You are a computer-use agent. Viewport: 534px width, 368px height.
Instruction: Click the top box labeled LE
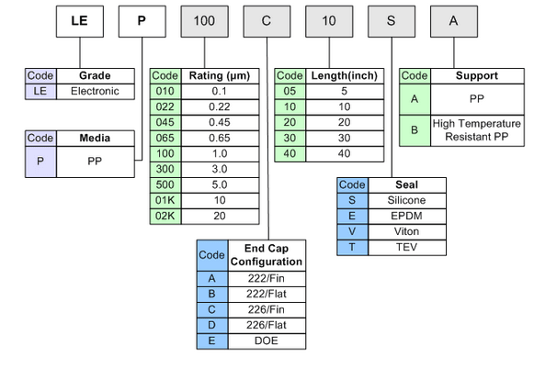point(80,21)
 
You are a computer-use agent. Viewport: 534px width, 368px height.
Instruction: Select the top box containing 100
point(204,21)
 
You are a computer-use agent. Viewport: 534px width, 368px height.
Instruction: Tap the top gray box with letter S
point(392,21)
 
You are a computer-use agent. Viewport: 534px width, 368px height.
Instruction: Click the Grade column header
point(96,76)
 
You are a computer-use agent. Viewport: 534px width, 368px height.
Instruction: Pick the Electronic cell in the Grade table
point(96,92)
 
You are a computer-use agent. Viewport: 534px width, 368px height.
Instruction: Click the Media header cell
point(96,139)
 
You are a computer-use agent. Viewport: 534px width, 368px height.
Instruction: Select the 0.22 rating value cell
point(220,107)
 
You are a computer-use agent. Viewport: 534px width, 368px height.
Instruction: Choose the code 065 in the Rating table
point(165,138)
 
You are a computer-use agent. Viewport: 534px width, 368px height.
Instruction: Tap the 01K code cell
point(165,201)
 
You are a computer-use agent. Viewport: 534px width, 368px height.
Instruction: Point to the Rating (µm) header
point(220,76)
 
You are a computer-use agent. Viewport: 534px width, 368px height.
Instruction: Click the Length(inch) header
point(345,76)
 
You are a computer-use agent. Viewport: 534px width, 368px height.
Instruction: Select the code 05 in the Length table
point(290,92)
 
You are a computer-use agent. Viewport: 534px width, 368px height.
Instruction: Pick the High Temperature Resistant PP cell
point(477,130)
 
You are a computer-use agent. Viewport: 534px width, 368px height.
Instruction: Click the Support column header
point(477,76)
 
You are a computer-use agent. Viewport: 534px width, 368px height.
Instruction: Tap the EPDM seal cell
point(407,217)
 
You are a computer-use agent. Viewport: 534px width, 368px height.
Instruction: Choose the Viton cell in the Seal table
point(407,232)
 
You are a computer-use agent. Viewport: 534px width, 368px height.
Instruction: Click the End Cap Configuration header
point(267,255)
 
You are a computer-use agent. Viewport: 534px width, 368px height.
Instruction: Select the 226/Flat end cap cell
point(267,326)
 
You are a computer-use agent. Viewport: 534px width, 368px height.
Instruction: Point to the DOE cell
point(267,341)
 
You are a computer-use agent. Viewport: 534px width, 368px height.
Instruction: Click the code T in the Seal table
point(353,248)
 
